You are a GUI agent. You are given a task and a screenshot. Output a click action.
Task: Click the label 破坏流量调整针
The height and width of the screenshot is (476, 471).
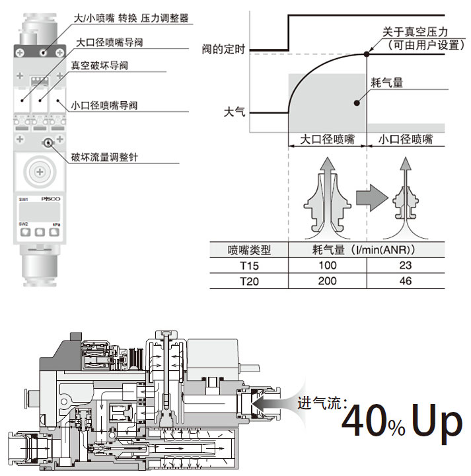tap(108, 157)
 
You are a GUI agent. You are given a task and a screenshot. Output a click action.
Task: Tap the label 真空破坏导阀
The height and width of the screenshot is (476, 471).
tap(98, 66)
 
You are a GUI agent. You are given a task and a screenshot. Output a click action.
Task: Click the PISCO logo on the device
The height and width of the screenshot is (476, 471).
tap(50, 198)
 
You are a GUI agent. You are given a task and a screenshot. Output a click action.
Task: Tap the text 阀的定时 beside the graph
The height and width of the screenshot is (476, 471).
tap(223, 49)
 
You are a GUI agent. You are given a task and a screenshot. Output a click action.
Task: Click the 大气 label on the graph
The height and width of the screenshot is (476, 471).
tap(234, 112)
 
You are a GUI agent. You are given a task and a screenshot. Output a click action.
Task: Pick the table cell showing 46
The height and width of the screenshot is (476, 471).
tap(406, 281)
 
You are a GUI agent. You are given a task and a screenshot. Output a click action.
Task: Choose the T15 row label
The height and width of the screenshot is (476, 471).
tap(249, 265)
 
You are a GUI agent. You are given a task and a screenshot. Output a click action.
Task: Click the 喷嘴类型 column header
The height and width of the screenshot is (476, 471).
tap(249, 250)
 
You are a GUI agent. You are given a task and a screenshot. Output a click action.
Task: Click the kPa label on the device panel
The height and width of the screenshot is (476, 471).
tap(56, 225)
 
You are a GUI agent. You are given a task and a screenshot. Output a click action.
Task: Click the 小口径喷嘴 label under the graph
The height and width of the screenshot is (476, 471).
tap(406, 139)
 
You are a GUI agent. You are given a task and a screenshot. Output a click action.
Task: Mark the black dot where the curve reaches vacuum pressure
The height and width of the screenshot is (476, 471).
tap(366, 54)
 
